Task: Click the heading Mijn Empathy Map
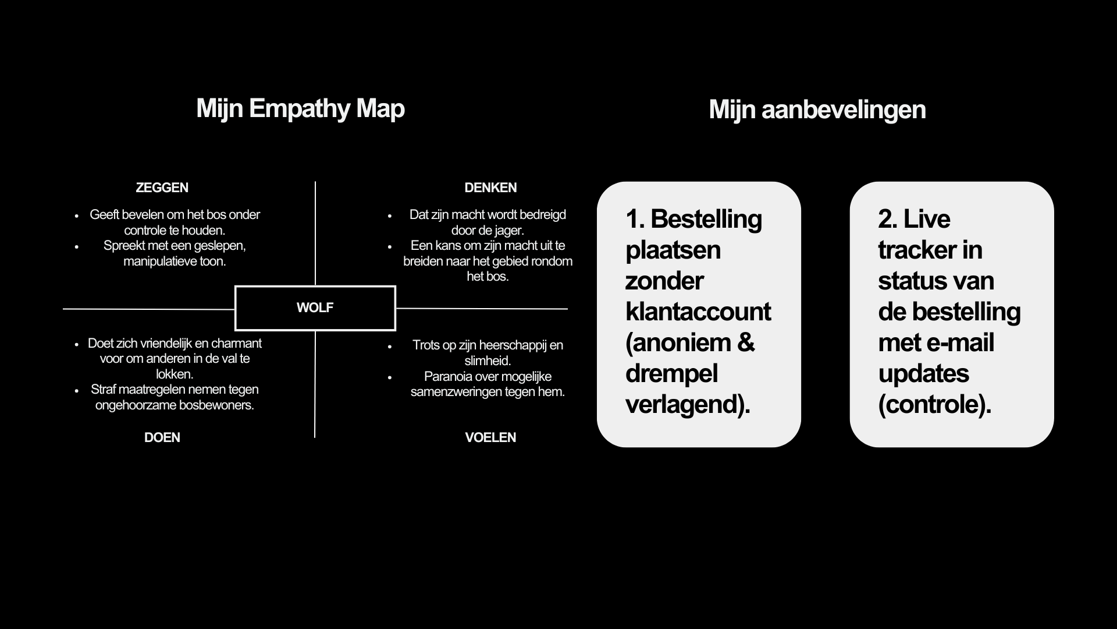coord(300,109)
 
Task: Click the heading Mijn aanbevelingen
coord(817,110)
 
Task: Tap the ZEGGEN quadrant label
coord(162,188)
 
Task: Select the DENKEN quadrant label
coord(490,188)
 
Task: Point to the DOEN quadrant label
coord(162,437)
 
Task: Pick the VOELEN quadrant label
coord(490,437)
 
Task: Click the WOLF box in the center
coord(315,308)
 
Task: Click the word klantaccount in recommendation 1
coord(698,312)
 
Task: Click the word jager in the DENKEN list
coord(507,230)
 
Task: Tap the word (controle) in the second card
coord(934,404)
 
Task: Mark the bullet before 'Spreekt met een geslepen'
coord(77,246)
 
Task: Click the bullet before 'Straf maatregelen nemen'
coord(77,390)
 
